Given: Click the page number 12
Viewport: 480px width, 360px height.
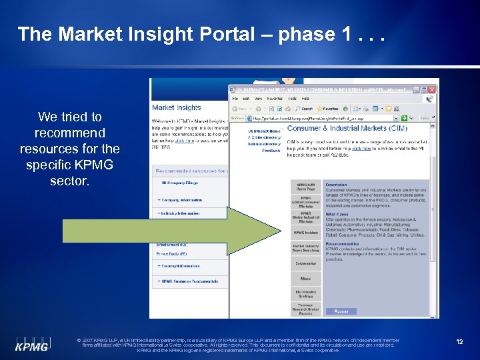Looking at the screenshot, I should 459,341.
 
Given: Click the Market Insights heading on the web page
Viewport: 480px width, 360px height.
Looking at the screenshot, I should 176,107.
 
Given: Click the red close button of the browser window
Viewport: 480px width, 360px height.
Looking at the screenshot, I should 433,89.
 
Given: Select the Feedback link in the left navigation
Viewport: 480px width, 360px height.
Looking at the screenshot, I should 271,151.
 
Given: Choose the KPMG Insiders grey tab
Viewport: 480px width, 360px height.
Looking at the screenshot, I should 305,233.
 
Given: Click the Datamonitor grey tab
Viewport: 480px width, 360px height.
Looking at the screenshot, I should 305,263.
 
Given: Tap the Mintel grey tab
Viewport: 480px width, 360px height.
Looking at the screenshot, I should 305,279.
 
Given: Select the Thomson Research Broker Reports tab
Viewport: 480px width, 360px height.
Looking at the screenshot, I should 305,309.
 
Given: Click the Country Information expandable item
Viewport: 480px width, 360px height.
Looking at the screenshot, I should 180,266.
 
